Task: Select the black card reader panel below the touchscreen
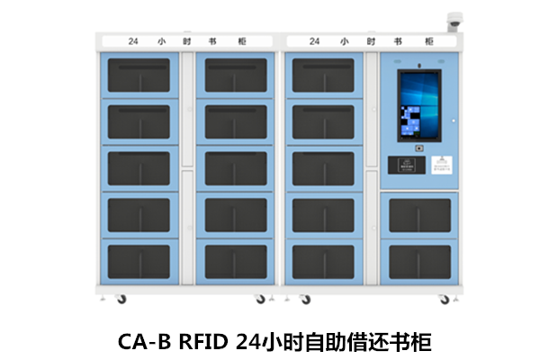click(x=402, y=166)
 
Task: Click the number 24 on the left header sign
click(x=132, y=41)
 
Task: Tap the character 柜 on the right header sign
click(x=427, y=41)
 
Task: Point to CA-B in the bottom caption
click(x=144, y=342)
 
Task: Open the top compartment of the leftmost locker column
click(x=139, y=76)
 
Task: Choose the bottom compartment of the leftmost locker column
click(x=139, y=261)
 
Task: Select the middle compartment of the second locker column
click(x=236, y=168)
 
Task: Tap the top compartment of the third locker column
click(x=323, y=76)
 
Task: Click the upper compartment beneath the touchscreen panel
click(x=419, y=215)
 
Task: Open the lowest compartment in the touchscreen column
click(x=419, y=261)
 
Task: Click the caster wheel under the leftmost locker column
click(x=120, y=299)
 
